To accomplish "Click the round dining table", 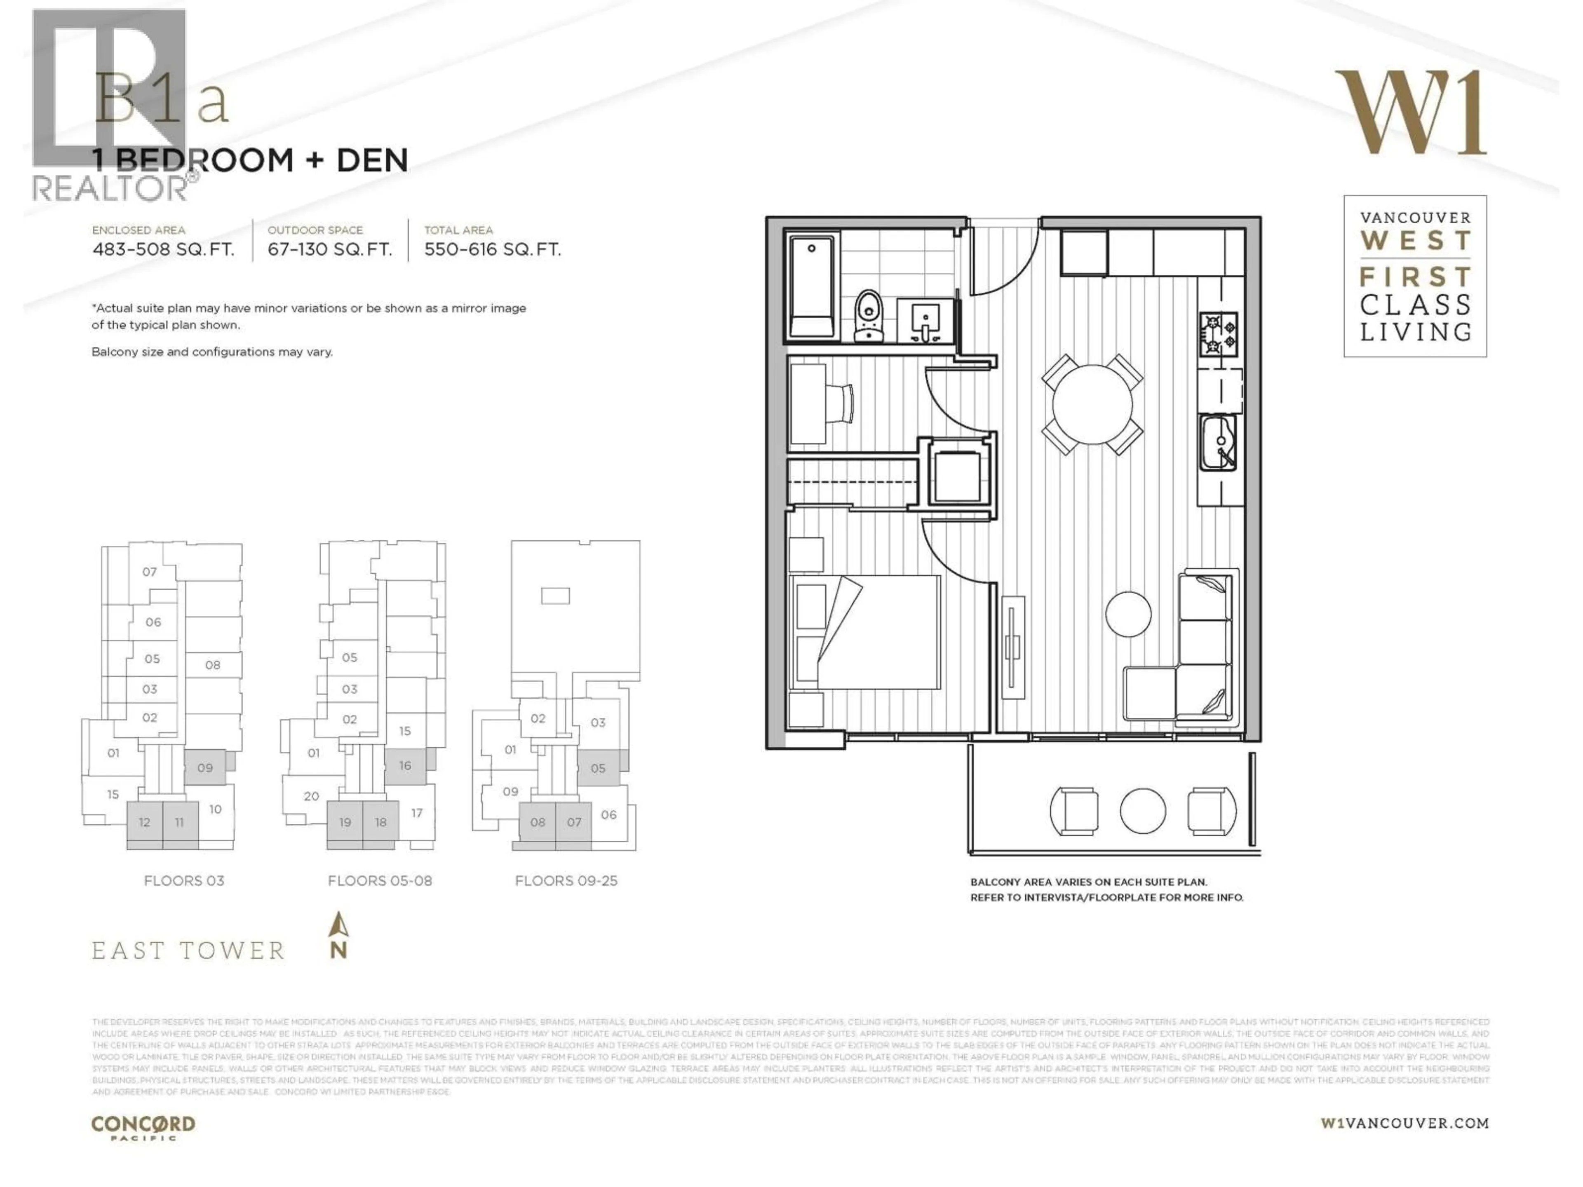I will (1092, 405).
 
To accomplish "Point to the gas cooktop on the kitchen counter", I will (1218, 334).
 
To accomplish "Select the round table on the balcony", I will (1142, 811).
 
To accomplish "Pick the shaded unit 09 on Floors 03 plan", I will (204, 768).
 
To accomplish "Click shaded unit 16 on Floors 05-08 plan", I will (405, 766).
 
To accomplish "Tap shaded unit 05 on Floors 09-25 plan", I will (598, 768).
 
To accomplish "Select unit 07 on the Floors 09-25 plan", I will (574, 822).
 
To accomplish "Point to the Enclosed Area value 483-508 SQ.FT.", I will (163, 250).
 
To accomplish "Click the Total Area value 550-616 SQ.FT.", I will (492, 250).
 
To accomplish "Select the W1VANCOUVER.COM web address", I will (1404, 1123).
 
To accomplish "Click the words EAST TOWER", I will (188, 951).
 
